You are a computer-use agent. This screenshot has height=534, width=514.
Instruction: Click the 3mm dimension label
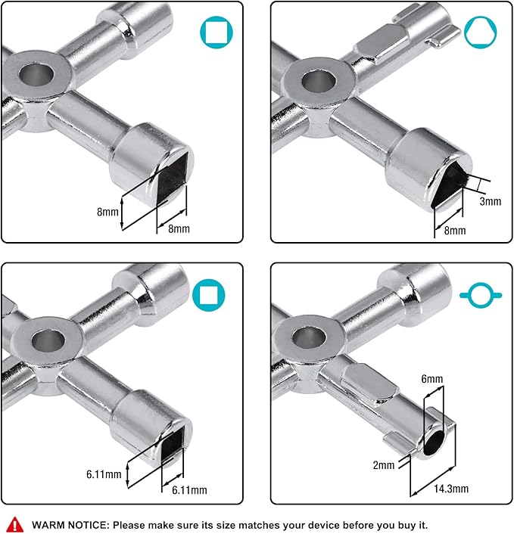click(x=491, y=202)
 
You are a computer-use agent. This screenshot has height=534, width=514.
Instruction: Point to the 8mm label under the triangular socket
click(x=454, y=230)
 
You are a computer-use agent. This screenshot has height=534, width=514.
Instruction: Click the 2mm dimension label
click(x=384, y=465)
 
